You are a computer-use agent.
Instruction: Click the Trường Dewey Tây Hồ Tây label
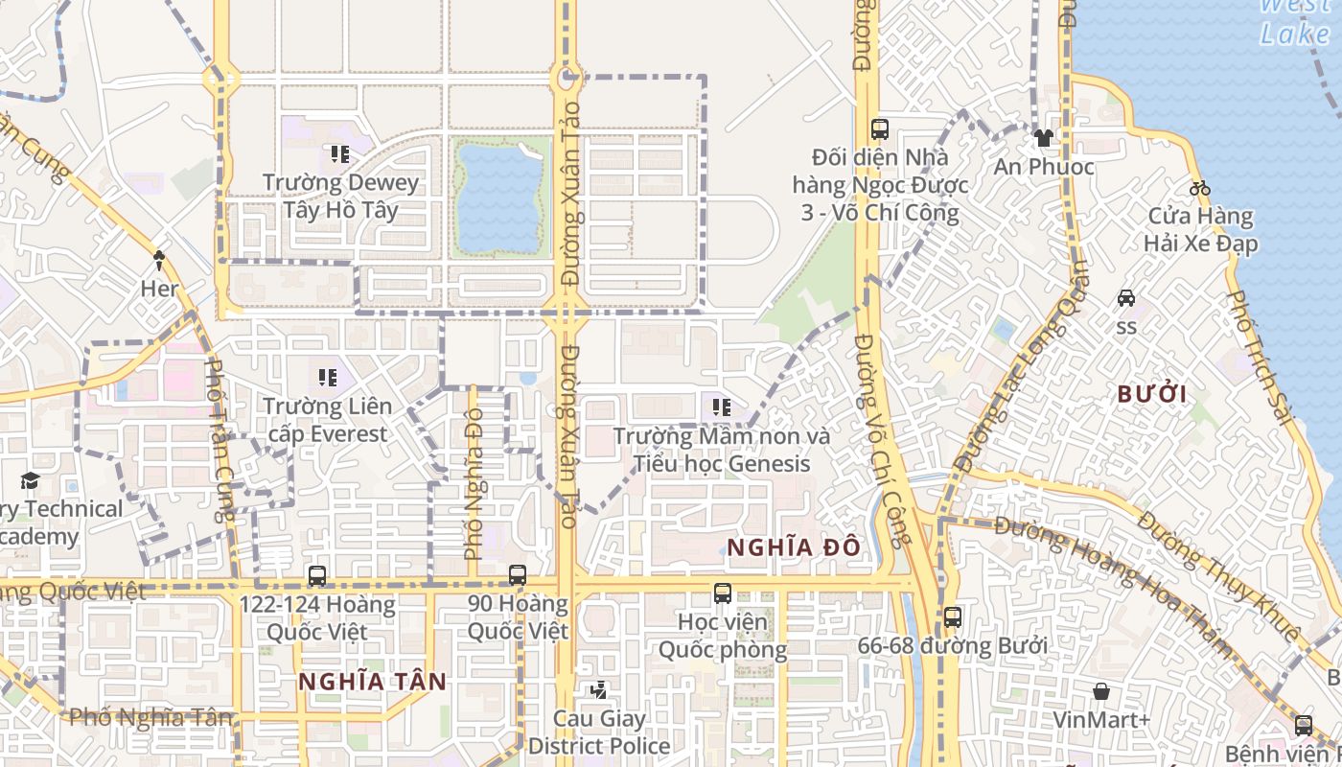pos(340,196)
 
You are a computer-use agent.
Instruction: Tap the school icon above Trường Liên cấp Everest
pos(328,378)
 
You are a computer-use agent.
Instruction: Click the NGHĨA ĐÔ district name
pos(793,547)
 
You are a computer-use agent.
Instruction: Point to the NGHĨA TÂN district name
pos(372,682)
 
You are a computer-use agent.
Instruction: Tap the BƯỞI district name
pos(1152,394)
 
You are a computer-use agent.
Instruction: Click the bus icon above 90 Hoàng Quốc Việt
pos(518,575)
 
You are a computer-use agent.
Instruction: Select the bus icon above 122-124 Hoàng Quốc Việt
pos(317,575)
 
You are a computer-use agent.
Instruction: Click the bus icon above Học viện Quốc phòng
pos(723,593)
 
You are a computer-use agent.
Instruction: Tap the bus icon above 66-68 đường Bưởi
pos(952,617)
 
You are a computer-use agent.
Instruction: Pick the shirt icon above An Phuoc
pos(1044,139)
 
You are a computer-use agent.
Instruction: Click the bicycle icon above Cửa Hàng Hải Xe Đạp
pos(1198,188)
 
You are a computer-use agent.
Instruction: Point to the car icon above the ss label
pos(1126,298)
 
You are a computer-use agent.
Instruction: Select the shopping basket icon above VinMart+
pos(1101,690)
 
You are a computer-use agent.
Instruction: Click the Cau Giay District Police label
pos(599,732)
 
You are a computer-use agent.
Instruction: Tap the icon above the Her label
pos(159,258)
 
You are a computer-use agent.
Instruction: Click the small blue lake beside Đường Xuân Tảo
pos(498,197)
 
